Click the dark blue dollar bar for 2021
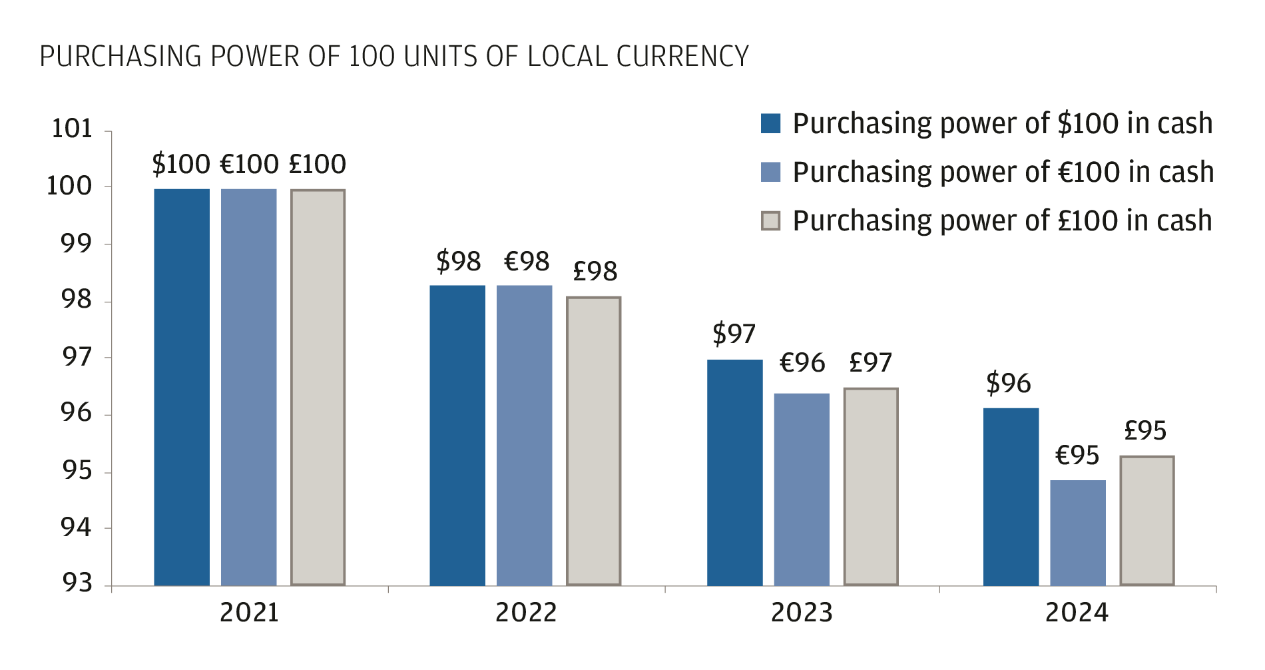tap(182, 386)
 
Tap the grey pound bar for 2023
tap(871, 486)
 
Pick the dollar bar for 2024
tap(1011, 496)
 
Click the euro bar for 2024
tap(1078, 532)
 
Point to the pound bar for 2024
tap(1146, 520)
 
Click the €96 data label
tap(802, 364)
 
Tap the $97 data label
tap(734, 334)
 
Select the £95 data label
tap(1145, 431)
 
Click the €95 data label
tap(1077, 456)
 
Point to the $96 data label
tap(1008, 384)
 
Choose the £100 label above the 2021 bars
tap(318, 165)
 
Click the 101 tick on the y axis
tap(72, 129)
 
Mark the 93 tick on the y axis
tap(77, 583)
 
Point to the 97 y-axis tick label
tap(77, 358)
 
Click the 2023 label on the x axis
tap(802, 613)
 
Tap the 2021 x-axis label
tap(249, 613)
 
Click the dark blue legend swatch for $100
tap(770, 124)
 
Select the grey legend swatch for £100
tap(770, 221)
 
